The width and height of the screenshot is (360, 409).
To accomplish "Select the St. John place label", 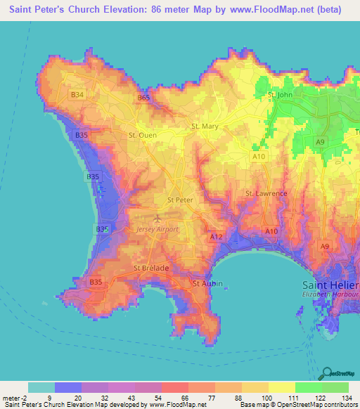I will point(280,94).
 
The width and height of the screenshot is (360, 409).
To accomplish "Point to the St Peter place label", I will point(179,200).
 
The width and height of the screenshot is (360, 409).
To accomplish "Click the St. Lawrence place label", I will point(266,193).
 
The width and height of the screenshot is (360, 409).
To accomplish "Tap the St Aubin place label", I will point(206,283).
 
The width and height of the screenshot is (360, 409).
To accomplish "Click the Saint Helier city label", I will point(330,285).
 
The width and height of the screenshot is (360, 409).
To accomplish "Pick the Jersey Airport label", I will point(157,229).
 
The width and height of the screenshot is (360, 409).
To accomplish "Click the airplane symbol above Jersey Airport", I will point(166,219).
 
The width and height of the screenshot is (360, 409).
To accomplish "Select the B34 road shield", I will point(77,94).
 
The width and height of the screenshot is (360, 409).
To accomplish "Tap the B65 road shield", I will point(144,98).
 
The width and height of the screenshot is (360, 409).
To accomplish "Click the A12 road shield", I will point(217,238).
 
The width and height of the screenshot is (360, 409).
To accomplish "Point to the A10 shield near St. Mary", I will point(259,156).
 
